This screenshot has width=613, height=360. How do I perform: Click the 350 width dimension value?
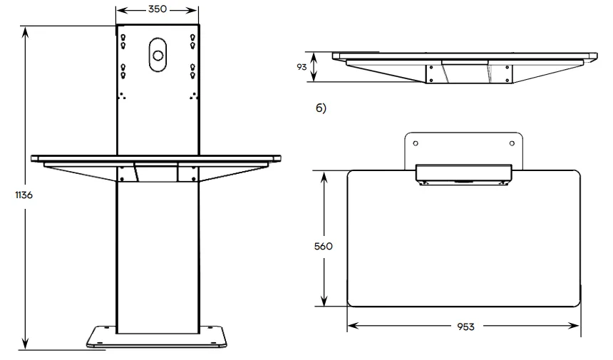(x=158, y=9)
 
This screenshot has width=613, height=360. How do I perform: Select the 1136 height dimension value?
(x=24, y=195)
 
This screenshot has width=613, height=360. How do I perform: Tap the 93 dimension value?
(x=302, y=67)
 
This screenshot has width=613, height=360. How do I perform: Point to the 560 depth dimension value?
(x=324, y=246)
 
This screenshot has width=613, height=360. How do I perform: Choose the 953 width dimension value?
(x=465, y=326)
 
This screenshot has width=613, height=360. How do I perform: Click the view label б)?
(x=321, y=108)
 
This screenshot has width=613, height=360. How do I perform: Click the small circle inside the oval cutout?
(x=158, y=56)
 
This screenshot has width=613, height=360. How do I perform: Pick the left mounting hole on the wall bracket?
(x=416, y=143)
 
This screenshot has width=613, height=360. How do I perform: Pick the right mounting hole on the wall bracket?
(x=512, y=143)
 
